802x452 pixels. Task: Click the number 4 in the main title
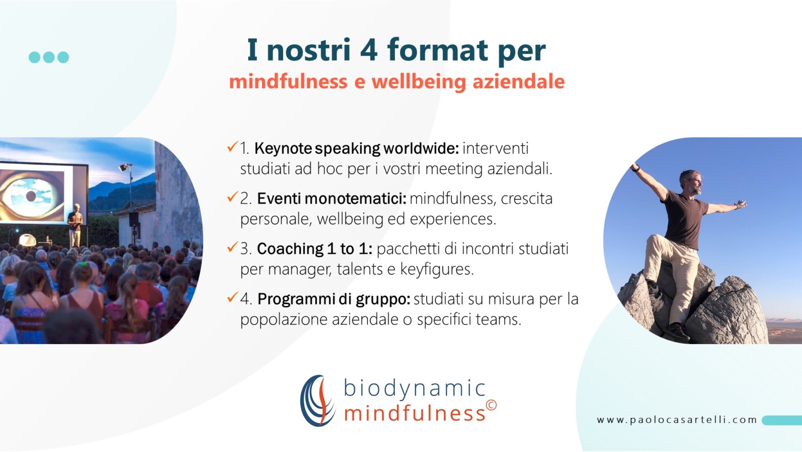point(369,50)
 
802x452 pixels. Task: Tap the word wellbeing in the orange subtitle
point(419,81)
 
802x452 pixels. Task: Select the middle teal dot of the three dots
point(49,57)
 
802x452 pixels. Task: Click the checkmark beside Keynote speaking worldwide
point(233,146)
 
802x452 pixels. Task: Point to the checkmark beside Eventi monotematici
point(233,197)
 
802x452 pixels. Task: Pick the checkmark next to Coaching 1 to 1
point(233,247)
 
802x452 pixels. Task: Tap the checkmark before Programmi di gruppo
point(233,297)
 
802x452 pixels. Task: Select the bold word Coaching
point(290,249)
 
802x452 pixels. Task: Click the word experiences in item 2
point(453,219)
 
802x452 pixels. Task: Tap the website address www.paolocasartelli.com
point(677,420)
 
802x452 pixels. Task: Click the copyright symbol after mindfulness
point(491,405)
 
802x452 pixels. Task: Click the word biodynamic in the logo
point(414,389)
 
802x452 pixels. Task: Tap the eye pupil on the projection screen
point(31,196)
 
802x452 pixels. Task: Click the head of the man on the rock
point(691,182)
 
